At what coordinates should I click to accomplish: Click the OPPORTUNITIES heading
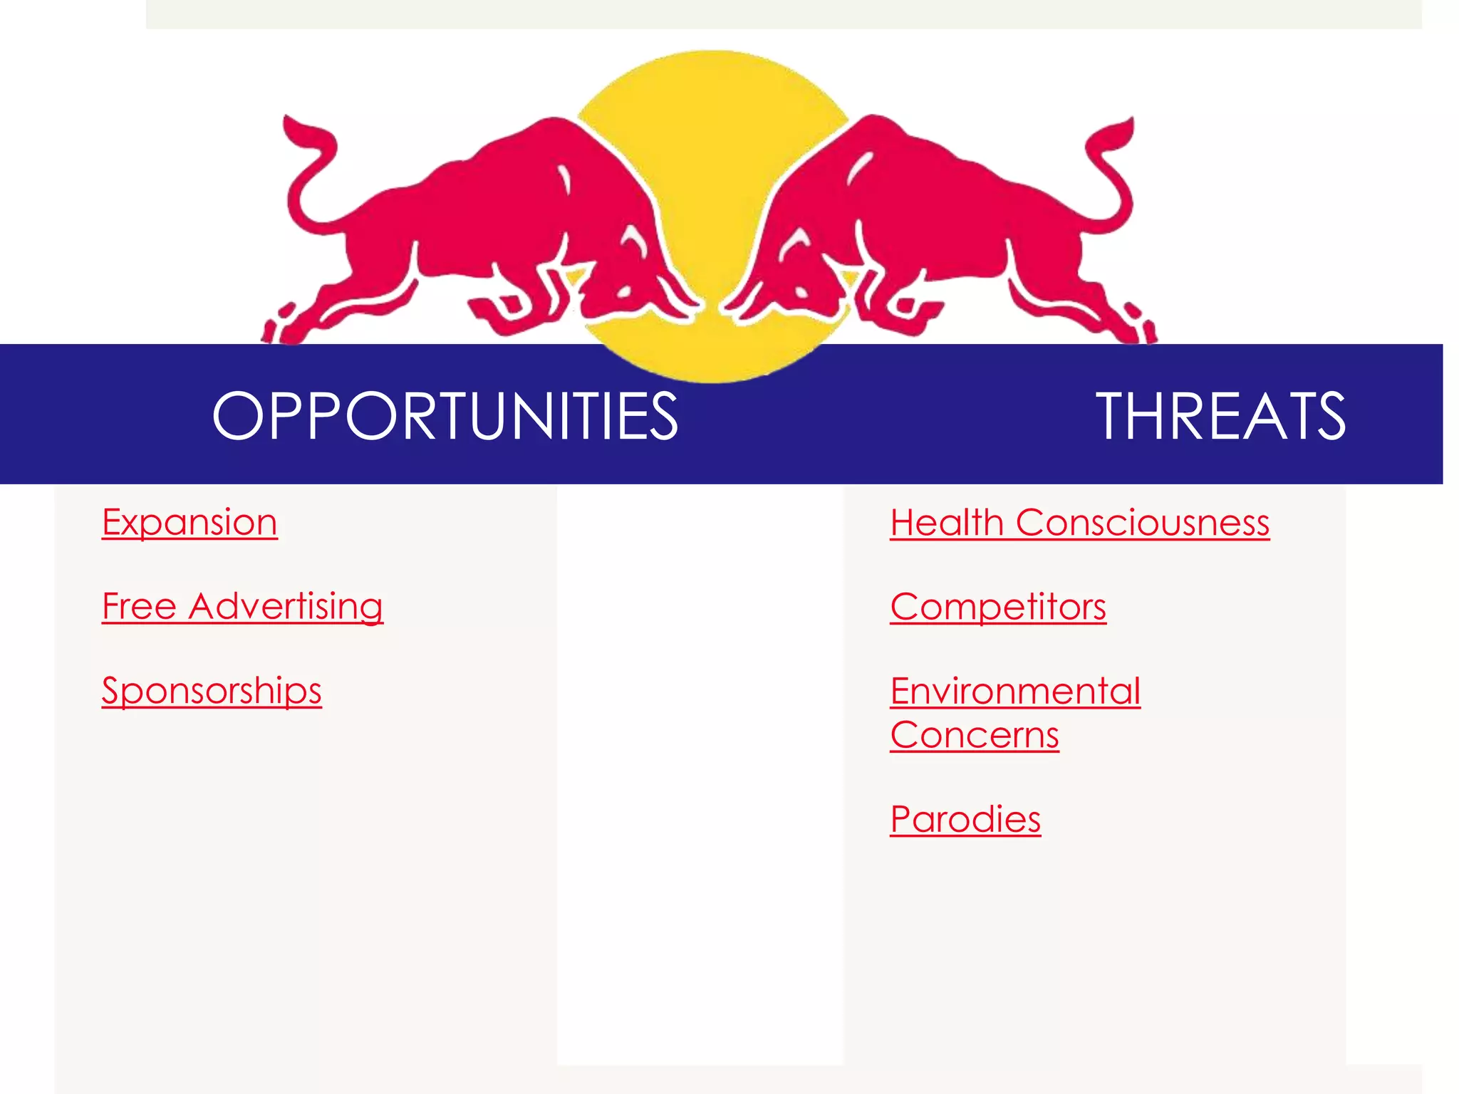445,416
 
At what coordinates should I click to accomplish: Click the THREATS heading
1220,416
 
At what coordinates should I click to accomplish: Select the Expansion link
189,522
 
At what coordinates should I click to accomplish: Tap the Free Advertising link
242,606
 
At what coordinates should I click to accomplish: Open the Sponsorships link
212,690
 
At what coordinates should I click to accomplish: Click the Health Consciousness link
1079,522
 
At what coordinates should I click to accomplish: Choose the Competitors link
998,606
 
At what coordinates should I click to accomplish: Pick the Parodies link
965,818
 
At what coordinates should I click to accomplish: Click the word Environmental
1015,690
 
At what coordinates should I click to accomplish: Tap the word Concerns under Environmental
975,734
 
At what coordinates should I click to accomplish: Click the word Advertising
286,606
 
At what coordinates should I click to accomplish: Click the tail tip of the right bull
1130,123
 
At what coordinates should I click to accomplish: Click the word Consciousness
1143,522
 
